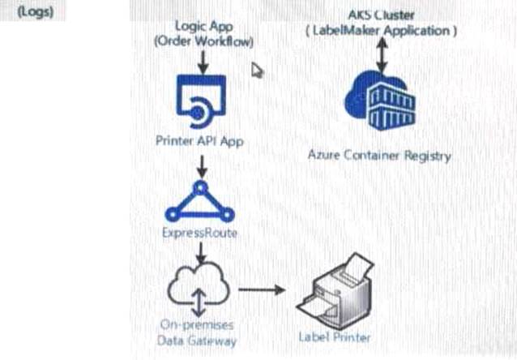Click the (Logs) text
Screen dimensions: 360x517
pyautogui.click(x=36, y=15)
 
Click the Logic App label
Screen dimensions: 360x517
pyautogui.click(x=203, y=27)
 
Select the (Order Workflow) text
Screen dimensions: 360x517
pyautogui.click(x=203, y=41)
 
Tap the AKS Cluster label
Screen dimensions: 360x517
pyautogui.click(x=380, y=15)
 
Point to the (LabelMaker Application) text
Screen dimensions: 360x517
pyautogui.click(x=381, y=31)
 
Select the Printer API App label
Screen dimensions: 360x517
pyautogui.click(x=199, y=140)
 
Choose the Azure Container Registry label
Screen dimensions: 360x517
pyautogui.click(x=379, y=155)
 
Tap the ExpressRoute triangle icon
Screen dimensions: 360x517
pyautogui.click(x=199, y=201)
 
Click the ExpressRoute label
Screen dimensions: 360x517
pyautogui.click(x=199, y=234)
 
